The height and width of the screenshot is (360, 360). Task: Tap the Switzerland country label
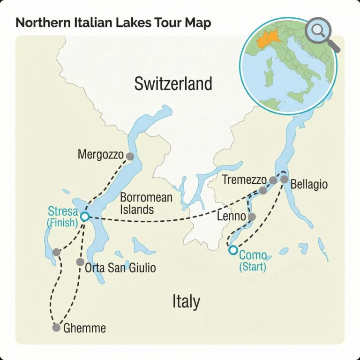click(x=173, y=84)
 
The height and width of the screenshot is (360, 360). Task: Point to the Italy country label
click(x=186, y=301)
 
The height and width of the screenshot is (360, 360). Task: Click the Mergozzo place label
click(x=101, y=154)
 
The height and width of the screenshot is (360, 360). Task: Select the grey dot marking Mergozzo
click(x=130, y=157)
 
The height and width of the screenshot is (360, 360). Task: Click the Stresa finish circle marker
click(x=84, y=216)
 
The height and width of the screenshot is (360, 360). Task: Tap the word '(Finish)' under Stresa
click(x=62, y=223)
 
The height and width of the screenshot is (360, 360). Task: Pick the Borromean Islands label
click(x=146, y=203)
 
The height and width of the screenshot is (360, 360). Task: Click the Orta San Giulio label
click(x=120, y=269)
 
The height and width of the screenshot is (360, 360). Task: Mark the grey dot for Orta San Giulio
click(x=80, y=262)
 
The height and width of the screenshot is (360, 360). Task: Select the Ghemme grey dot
click(x=56, y=328)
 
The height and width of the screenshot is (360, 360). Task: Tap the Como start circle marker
click(x=233, y=250)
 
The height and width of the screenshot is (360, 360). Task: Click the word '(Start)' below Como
click(x=253, y=267)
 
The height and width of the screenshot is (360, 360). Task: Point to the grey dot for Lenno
click(x=252, y=217)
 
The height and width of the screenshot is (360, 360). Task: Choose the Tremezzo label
click(x=244, y=180)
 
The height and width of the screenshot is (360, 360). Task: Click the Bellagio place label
click(x=309, y=184)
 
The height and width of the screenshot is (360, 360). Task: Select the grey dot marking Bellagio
click(x=285, y=179)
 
